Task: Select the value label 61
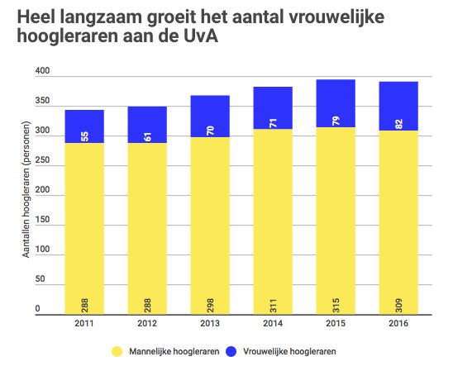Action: click(x=147, y=135)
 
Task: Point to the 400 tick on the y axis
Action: click(x=41, y=74)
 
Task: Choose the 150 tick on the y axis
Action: click(x=41, y=221)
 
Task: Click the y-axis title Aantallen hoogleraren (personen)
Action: click(x=27, y=195)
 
